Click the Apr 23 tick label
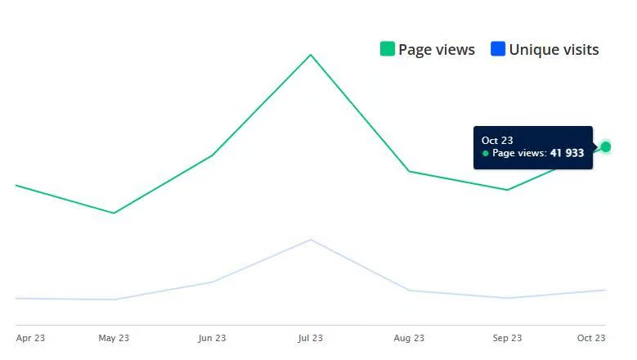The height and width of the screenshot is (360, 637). click(29, 338)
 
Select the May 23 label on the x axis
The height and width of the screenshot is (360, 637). click(114, 338)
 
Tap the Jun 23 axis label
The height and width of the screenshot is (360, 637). click(212, 338)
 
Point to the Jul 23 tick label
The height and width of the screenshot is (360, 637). click(311, 338)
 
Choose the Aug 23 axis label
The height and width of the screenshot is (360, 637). click(409, 338)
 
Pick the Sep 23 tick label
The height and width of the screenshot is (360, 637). click(507, 338)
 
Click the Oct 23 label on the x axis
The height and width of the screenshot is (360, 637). click(591, 338)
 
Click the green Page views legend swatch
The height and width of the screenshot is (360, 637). click(388, 49)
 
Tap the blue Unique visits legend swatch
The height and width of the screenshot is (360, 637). click(498, 49)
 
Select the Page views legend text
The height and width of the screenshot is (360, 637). click(437, 49)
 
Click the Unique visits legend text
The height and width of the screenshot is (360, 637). click(554, 49)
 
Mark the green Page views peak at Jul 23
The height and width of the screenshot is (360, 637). click(311, 55)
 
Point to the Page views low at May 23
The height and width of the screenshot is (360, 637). click(114, 213)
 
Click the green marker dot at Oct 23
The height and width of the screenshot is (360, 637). click(605, 146)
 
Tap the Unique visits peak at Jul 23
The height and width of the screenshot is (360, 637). click(311, 240)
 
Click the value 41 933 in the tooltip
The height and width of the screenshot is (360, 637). click(567, 153)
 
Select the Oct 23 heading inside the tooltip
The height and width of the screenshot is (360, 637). click(497, 141)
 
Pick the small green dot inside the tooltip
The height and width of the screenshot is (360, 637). click(486, 153)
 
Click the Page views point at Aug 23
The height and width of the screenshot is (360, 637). click(409, 171)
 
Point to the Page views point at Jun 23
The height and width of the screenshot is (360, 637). click(212, 155)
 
